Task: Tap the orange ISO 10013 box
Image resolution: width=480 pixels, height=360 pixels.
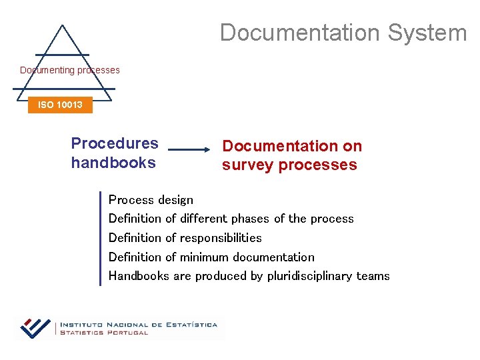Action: pyautogui.click(x=60, y=105)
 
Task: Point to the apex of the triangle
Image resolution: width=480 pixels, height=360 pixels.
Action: pyautogui.click(x=61, y=27)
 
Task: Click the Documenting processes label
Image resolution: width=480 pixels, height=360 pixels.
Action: pyautogui.click(x=70, y=70)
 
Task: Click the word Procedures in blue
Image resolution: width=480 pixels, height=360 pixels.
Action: pyautogui.click(x=115, y=143)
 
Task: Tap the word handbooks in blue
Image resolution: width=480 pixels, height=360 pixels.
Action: pyautogui.click(x=113, y=163)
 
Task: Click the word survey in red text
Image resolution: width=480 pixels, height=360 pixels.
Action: pyautogui.click(x=248, y=165)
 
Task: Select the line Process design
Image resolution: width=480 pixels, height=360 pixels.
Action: pyautogui.click(x=151, y=200)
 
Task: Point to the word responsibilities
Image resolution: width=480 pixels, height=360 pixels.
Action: pyautogui.click(x=221, y=238)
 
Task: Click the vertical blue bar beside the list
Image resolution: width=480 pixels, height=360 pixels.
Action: pyautogui.click(x=100, y=238)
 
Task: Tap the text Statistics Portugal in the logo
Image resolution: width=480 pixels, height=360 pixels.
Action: pyautogui.click(x=104, y=332)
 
